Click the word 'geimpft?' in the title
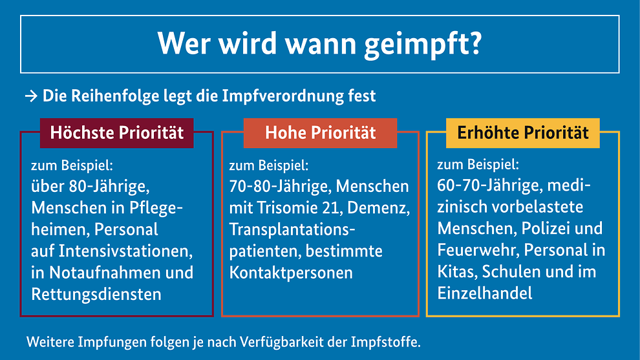click(x=423, y=45)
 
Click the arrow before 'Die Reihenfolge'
click(x=31, y=96)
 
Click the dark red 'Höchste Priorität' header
click(x=117, y=133)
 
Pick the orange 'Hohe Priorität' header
click(x=320, y=133)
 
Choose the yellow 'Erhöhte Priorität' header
click(x=523, y=133)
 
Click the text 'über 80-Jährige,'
click(x=91, y=187)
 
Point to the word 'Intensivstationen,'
click(x=125, y=251)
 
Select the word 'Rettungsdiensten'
click(x=96, y=294)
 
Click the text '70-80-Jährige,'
click(x=280, y=187)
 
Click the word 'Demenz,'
click(x=379, y=208)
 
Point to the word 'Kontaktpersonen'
click(x=291, y=273)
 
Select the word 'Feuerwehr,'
click(x=478, y=249)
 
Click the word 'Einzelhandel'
click(x=485, y=293)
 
